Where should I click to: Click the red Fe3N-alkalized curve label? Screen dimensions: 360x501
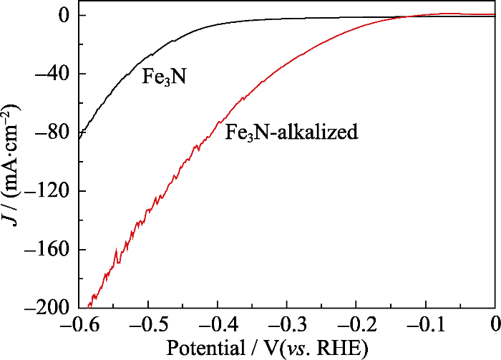coord(291,132)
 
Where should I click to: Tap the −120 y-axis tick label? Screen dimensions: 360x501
coord(44,191)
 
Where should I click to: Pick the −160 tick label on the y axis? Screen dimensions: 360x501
coord(44,250)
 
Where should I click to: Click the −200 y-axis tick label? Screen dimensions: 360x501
coord(44,308)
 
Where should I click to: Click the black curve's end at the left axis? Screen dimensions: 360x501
coord(79,134)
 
